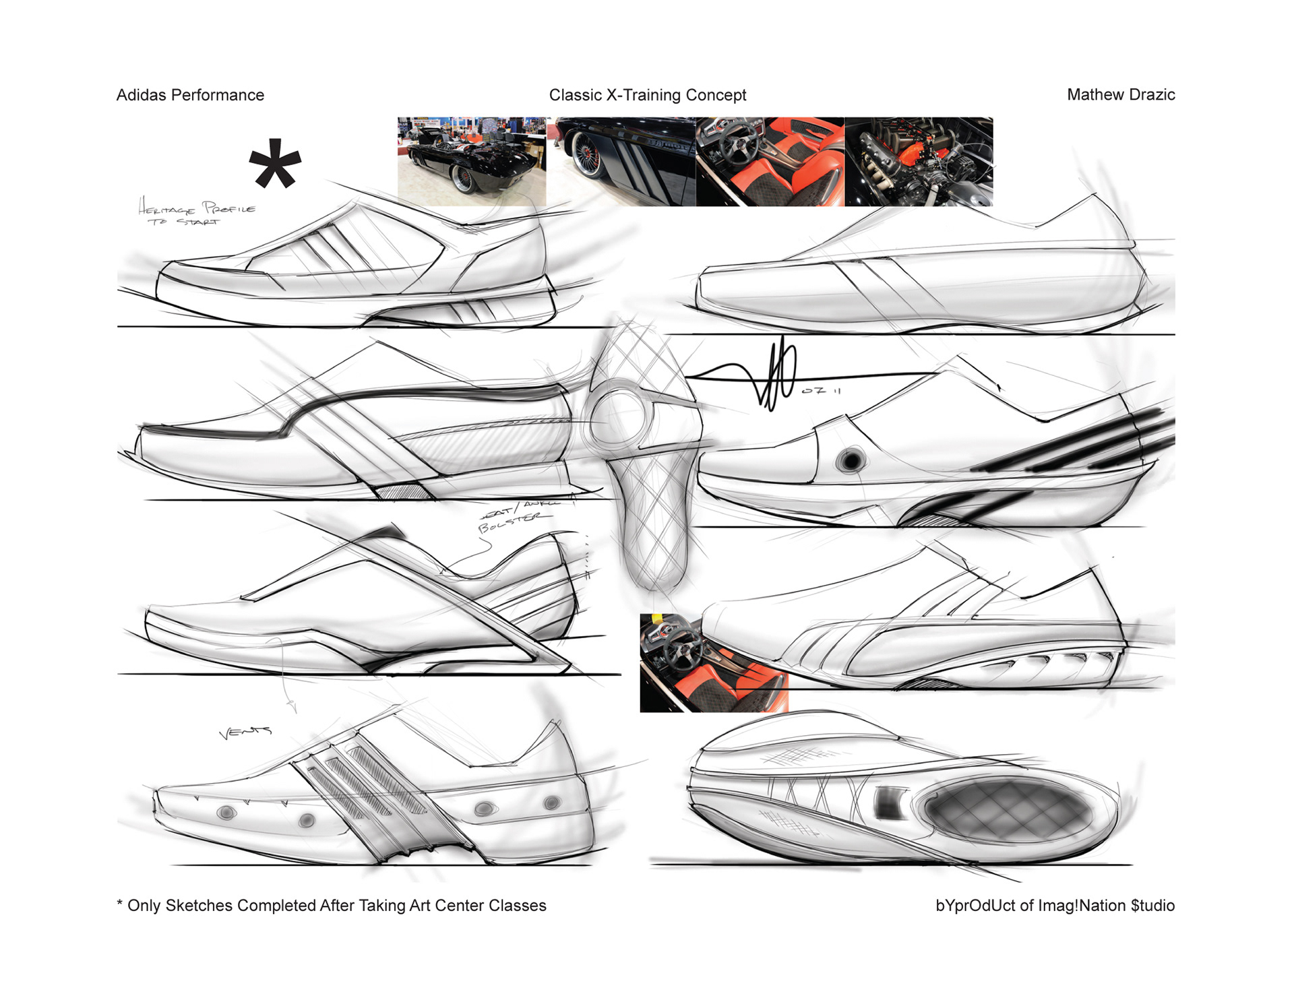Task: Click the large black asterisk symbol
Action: (x=275, y=164)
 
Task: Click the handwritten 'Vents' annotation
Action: (x=245, y=732)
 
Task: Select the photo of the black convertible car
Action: (x=471, y=161)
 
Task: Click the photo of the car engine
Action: (x=918, y=161)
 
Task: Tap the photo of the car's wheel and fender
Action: (x=620, y=161)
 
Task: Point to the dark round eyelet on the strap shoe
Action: (x=851, y=461)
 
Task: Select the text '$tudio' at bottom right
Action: (x=1152, y=906)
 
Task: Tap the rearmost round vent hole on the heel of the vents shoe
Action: (x=551, y=803)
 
